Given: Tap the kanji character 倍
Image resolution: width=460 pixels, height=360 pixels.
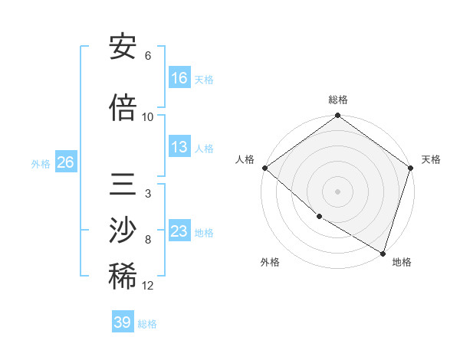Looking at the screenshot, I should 123,108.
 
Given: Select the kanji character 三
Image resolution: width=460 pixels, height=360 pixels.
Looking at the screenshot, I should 123,186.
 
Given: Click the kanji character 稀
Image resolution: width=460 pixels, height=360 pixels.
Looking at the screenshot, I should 123,277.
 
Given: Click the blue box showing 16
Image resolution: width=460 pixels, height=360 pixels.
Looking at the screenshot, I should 179,78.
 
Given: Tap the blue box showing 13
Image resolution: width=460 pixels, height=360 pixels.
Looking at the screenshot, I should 179,147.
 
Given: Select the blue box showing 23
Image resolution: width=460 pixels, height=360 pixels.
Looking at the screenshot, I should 179,231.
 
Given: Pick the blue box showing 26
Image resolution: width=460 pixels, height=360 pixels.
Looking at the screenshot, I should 65,162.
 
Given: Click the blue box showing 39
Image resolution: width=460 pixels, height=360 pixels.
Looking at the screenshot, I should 123,322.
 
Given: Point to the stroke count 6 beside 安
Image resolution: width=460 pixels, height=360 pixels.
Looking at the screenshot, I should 148,56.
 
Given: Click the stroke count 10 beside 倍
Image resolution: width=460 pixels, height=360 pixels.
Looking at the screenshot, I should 148,117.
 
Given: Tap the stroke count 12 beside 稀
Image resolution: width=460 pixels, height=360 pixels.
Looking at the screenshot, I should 148,286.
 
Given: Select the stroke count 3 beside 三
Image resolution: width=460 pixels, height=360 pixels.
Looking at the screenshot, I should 148,194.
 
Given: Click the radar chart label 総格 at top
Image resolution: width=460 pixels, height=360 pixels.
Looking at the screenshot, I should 338,100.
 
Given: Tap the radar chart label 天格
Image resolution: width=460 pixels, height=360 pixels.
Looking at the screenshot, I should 431,159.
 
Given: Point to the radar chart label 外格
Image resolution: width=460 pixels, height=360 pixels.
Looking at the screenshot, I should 269,262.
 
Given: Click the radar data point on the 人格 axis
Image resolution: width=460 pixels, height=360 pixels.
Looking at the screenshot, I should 264,168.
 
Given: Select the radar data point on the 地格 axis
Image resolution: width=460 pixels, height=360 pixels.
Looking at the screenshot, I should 383,252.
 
